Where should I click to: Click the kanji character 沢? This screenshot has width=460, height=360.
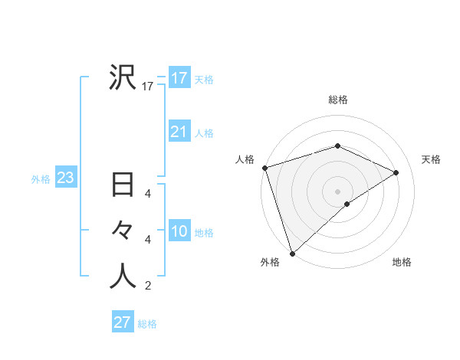[123, 77]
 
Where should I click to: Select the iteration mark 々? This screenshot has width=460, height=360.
[123, 231]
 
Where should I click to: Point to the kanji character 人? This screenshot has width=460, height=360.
[123, 277]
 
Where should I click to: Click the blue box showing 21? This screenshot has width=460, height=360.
[179, 132]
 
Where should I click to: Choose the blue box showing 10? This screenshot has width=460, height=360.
[179, 231]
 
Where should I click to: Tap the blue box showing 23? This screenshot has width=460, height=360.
[65, 178]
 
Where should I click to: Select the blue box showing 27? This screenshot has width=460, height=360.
[122, 322]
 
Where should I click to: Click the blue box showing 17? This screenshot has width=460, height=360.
[179, 77]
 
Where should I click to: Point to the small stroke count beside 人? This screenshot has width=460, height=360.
[148, 286]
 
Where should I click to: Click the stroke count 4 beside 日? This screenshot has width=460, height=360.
[148, 194]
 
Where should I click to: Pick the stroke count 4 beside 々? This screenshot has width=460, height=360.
[148, 240]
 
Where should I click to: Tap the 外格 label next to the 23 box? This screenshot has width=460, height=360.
[41, 179]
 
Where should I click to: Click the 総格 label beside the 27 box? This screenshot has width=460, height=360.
[147, 324]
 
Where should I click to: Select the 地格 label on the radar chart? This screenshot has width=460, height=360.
[402, 262]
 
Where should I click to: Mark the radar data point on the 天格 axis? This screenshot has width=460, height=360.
[396, 172]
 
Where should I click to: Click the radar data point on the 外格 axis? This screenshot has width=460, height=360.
[292, 253]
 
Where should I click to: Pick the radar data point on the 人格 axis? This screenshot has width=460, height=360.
[264, 168]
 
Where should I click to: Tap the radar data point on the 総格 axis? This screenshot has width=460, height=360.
[337, 146]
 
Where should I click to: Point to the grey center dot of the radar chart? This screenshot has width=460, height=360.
[337, 191]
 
